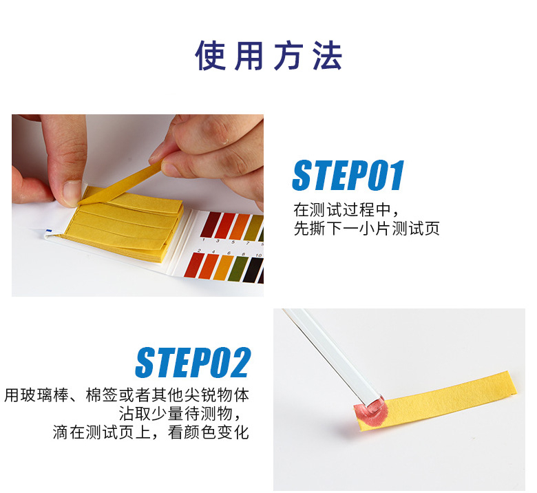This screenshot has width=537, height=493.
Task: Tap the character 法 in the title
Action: [x=328, y=56]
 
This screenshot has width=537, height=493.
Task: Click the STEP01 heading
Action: [x=348, y=175]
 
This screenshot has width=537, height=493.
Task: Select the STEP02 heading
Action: [x=193, y=362]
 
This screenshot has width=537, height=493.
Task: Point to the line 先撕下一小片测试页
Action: [x=366, y=228]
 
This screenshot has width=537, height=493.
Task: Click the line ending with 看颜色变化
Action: [x=151, y=432]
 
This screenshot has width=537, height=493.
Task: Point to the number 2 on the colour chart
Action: [x=199, y=251]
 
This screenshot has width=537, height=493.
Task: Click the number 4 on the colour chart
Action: [x=213, y=252]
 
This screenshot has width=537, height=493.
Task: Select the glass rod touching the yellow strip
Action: [x=333, y=357]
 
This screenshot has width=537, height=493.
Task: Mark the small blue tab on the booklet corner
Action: [x=49, y=231]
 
